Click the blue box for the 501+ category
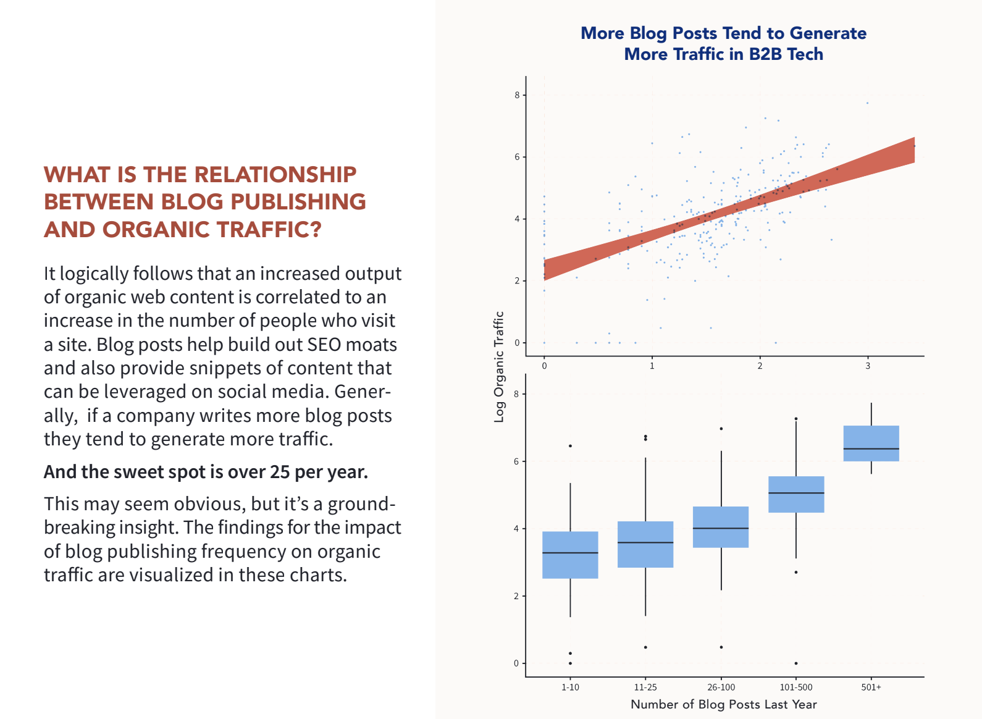(x=871, y=443)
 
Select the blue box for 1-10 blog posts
(x=570, y=555)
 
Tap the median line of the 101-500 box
(x=796, y=493)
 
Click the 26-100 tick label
(x=721, y=687)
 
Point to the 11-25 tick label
(x=645, y=687)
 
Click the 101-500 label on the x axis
(x=796, y=687)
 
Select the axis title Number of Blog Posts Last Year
(x=723, y=705)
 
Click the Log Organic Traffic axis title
(x=499, y=367)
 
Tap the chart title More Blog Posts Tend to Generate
(x=723, y=33)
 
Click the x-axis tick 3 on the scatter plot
(x=868, y=366)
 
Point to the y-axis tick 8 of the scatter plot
(x=517, y=95)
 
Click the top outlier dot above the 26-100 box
(x=721, y=429)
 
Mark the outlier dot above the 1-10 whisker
(x=570, y=446)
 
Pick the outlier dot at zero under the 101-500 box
(x=796, y=663)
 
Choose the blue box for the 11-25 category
(x=645, y=544)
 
